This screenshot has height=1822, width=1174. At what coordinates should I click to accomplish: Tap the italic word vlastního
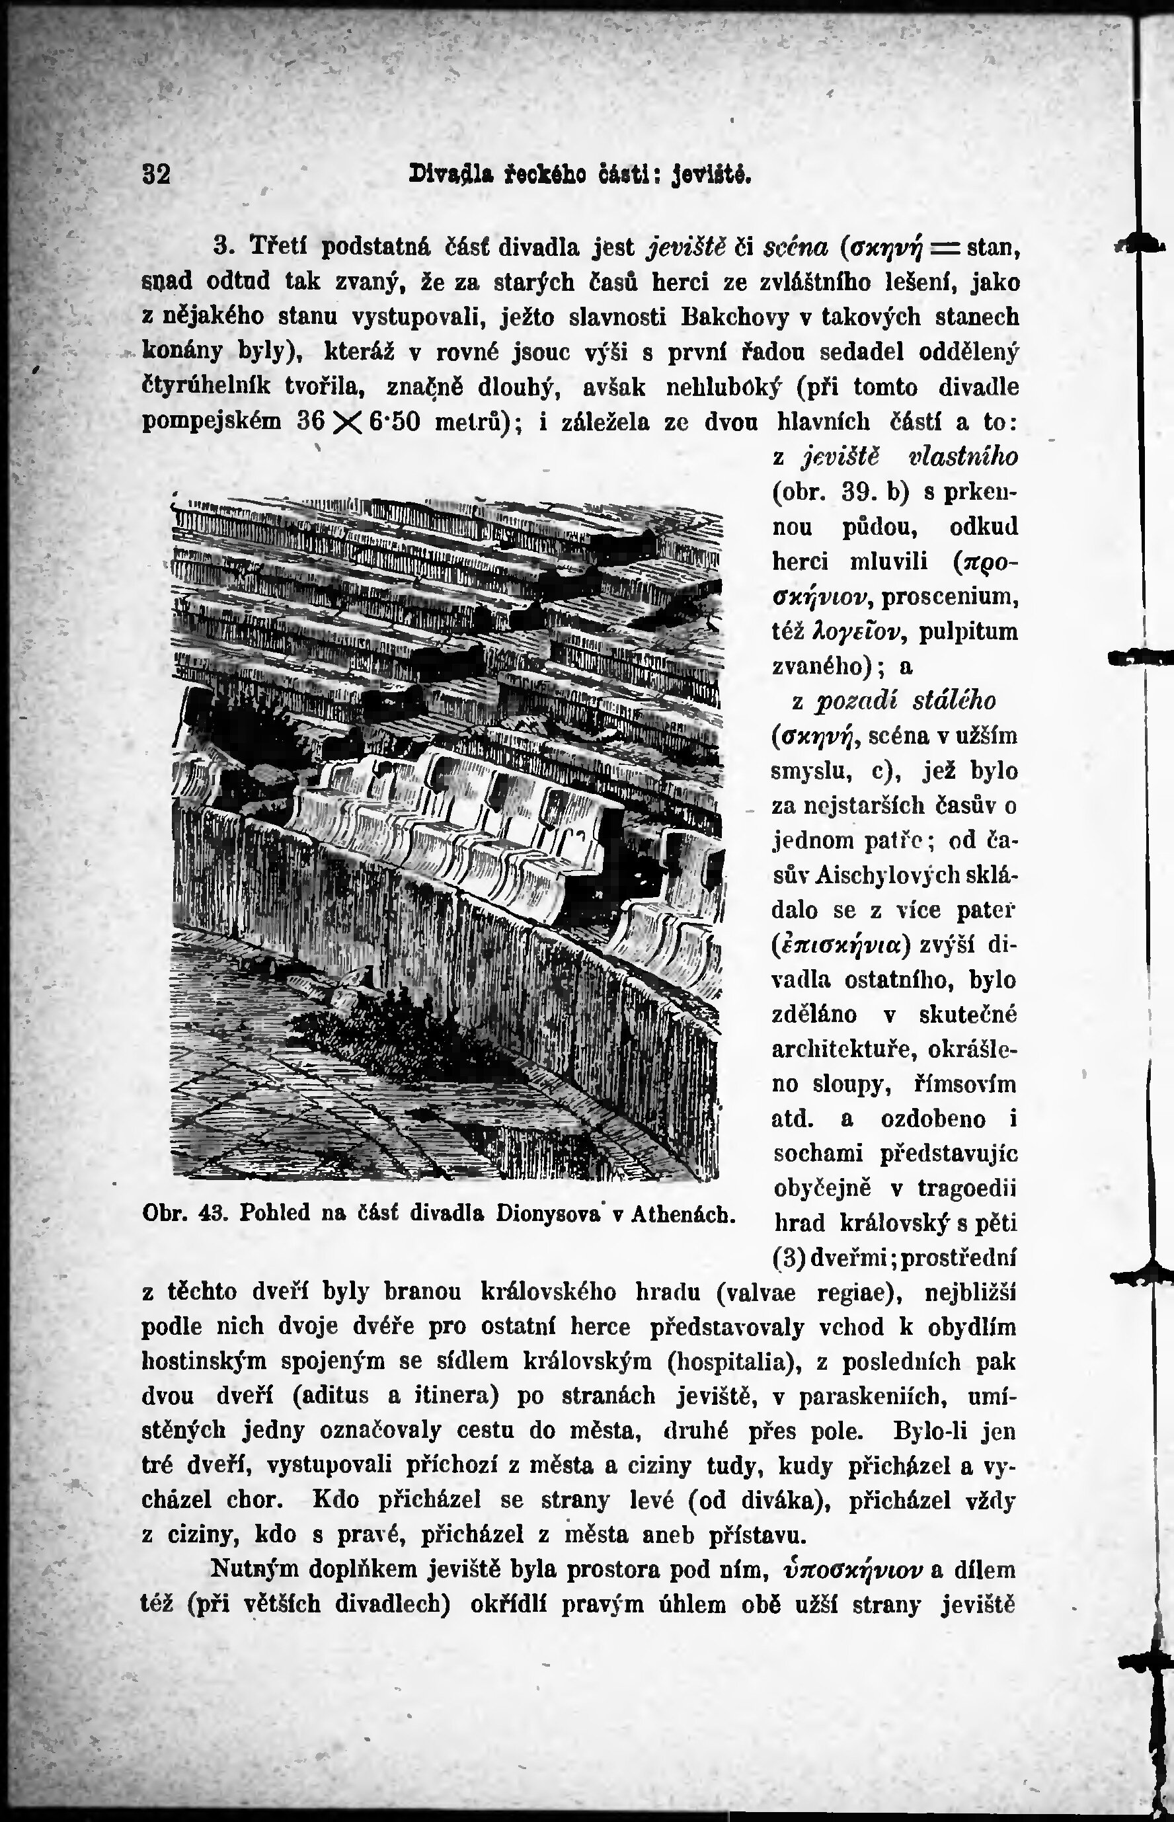[x=964, y=457]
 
